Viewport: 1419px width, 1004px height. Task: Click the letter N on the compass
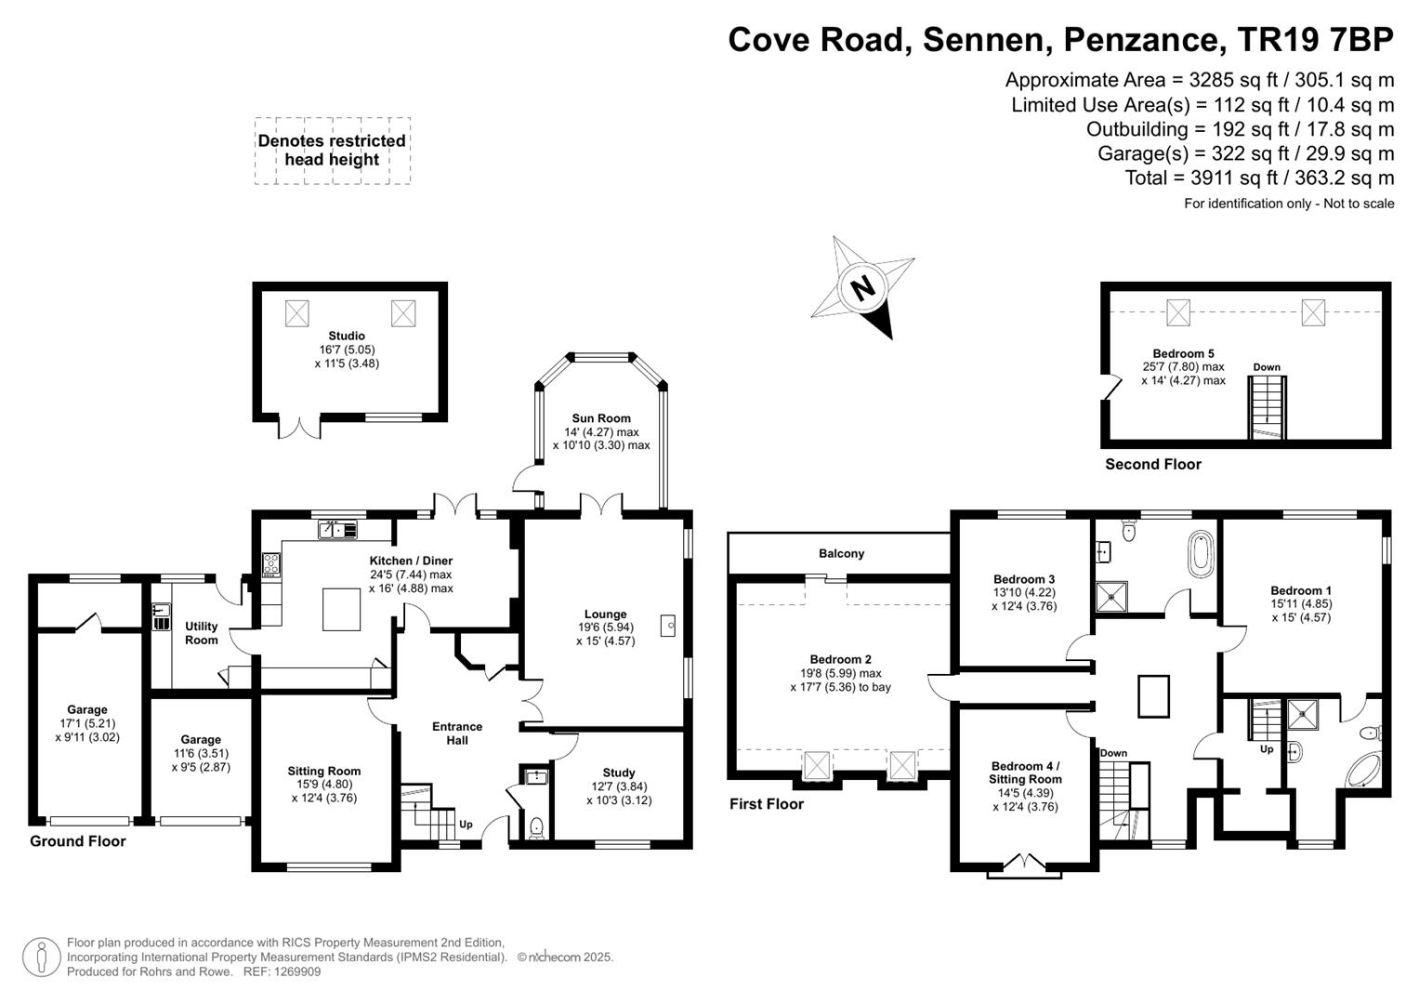[862, 289]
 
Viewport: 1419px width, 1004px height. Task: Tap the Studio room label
[347, 336]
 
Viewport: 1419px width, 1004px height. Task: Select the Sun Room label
[601, 418]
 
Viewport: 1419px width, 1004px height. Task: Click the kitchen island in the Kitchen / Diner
[341, 609]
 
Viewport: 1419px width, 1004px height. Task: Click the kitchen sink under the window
[338, 530]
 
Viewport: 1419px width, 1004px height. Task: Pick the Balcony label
[841, 553]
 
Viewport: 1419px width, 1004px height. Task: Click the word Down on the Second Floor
[1267, 367]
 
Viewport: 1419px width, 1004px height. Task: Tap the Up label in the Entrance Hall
[466, 825]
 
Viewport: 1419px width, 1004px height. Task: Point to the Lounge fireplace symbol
[668, 626]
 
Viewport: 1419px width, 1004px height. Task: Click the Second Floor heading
[1153, 464]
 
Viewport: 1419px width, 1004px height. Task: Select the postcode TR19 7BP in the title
[1315, 39]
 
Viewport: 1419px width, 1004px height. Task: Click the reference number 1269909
[297, 971]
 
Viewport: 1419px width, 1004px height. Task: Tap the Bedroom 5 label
[1183, 353]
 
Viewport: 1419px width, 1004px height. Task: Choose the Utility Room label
[201, 633]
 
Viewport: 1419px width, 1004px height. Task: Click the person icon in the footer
[42, 958]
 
